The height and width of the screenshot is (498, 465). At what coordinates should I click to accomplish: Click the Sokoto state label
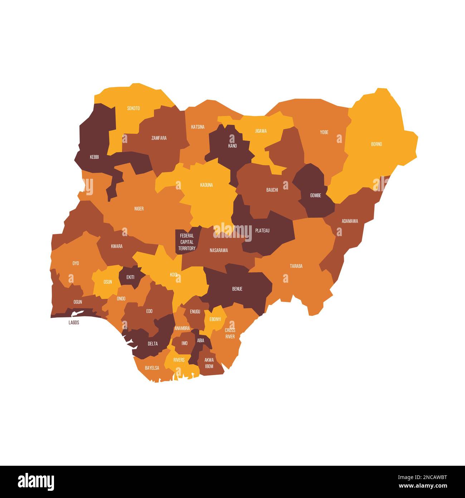click(x=133, y=108)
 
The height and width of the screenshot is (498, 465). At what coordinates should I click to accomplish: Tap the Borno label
click(x=376, y=144)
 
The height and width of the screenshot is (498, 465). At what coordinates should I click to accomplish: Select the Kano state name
click(x=232, y=146)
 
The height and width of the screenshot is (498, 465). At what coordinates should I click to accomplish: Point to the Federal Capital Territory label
click(x=187, y=242)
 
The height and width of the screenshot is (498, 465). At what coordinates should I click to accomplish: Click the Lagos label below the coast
click(x=74, y=322)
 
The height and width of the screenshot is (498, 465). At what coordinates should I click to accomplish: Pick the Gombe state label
click(x=315, y=196)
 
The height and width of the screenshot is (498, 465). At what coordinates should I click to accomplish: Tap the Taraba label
click(x=296, y=266)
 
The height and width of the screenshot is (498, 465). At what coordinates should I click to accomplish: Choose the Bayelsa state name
click(x=152, y=368)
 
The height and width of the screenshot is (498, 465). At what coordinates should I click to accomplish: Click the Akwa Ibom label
click(x=209, y=363)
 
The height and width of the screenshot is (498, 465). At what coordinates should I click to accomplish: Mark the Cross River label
click(x=230, y=333)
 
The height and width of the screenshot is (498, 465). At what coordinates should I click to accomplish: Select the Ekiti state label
click(x=130, y=277)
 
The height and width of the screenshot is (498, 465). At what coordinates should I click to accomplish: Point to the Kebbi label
click(x=94, y=157)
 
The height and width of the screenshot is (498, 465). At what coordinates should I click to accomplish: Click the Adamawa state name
click(x=349, y=221)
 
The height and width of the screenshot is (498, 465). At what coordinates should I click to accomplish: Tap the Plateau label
click(x=262, y=231)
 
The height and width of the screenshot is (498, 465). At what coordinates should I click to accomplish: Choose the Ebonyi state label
click(x=215, y=319)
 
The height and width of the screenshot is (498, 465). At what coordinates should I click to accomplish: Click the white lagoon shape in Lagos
click(x=78, y=313)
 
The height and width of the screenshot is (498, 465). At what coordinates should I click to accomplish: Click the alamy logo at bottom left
click(x=36, y=482)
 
